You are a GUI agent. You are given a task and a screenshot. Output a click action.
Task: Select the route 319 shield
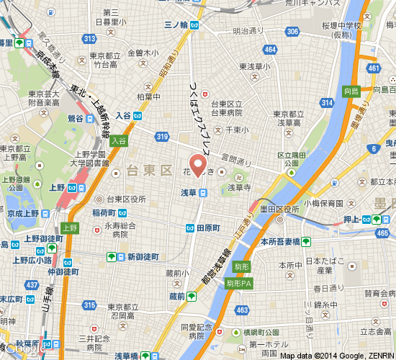tap(161, 137)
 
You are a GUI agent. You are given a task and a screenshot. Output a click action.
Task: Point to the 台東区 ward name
tap(150, 171)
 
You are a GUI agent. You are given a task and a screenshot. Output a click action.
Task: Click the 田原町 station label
tap(208, 228)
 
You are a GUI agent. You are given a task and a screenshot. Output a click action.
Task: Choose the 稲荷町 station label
tap(104, 212)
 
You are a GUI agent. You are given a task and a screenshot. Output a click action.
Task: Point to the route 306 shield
tap(292, 32)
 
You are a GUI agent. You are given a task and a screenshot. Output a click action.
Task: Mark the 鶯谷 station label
tap(75, 118)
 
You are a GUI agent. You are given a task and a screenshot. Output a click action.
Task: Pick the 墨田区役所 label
tap(279, 209)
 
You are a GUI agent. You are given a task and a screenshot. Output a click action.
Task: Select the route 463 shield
tap(242, 310)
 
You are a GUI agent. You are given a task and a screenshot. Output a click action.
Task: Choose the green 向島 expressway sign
tap(351, 91)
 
